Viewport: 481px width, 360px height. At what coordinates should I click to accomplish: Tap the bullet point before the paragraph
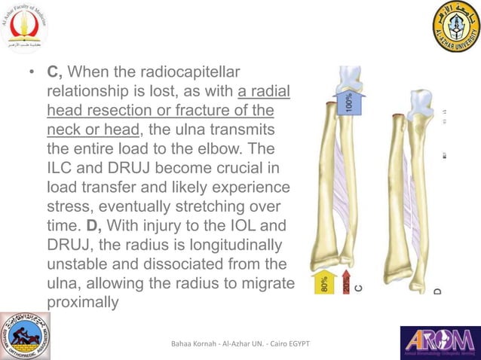point(31,74)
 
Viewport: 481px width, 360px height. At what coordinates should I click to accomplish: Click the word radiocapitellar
point(193,72)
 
